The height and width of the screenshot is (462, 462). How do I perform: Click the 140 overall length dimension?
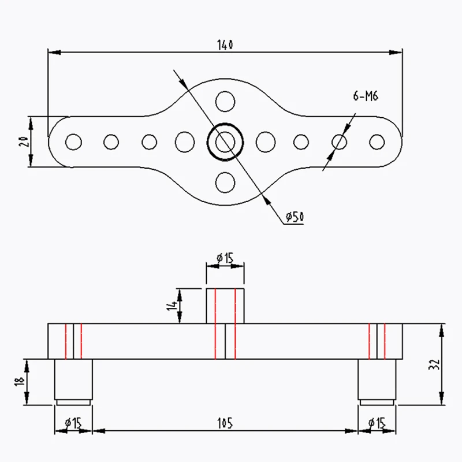[x=225, y=44]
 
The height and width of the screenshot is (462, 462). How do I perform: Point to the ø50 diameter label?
[x=295, y=217]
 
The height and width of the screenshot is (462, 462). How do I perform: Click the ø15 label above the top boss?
[x=225, y=258]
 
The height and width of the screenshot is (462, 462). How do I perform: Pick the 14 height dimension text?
[x=172, y=305]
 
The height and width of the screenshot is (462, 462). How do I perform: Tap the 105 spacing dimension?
[x=225, y=423]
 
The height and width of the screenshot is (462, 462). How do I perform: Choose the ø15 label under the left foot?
[x=74, y=423]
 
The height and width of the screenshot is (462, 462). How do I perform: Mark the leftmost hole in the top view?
[x=73, y=141]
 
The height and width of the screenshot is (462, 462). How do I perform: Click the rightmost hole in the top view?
[x=377, y=141]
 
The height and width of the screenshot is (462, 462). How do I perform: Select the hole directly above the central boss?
[x=225, y=102]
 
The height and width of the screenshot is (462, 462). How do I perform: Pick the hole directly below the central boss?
[x=225, y=183]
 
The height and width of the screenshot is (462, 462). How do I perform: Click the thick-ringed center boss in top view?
[x=225, y=141]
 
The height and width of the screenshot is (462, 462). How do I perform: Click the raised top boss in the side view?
[x=225, y=305]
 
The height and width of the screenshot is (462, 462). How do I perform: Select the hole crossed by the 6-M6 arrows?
[x=340, y=141]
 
